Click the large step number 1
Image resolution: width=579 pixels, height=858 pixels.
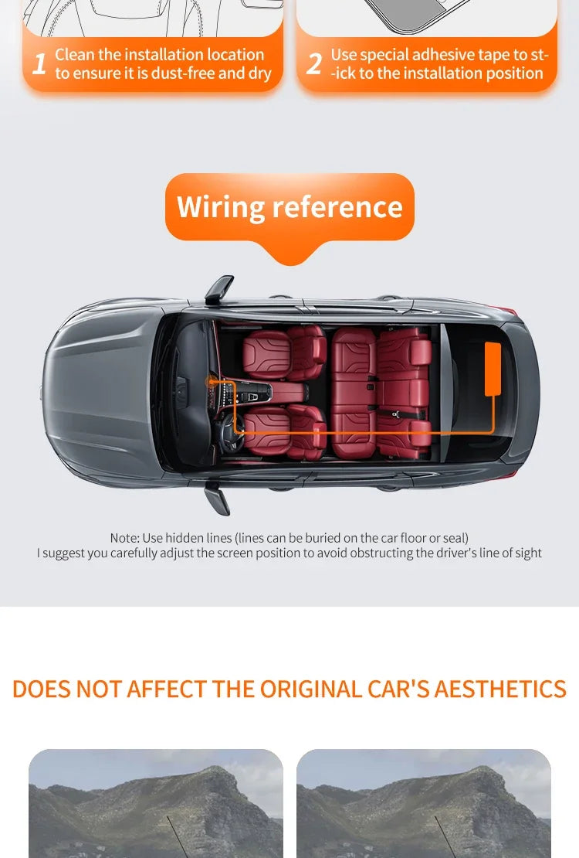(x=39, y=64)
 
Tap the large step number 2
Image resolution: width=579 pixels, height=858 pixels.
(x=314, y=64)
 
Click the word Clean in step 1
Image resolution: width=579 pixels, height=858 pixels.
(x=74, y=55)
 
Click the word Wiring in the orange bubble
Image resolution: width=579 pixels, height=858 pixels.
(x=221, y=207)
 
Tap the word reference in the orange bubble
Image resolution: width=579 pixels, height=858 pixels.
(x=337, y=207)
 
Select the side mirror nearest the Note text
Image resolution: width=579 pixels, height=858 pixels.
(x=217, y=499)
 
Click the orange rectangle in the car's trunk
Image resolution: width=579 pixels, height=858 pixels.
(x=493, y=369)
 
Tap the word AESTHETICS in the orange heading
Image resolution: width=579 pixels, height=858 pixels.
(x=500, y=689)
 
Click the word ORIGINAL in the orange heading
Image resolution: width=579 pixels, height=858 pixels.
(x=310, y=689)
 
